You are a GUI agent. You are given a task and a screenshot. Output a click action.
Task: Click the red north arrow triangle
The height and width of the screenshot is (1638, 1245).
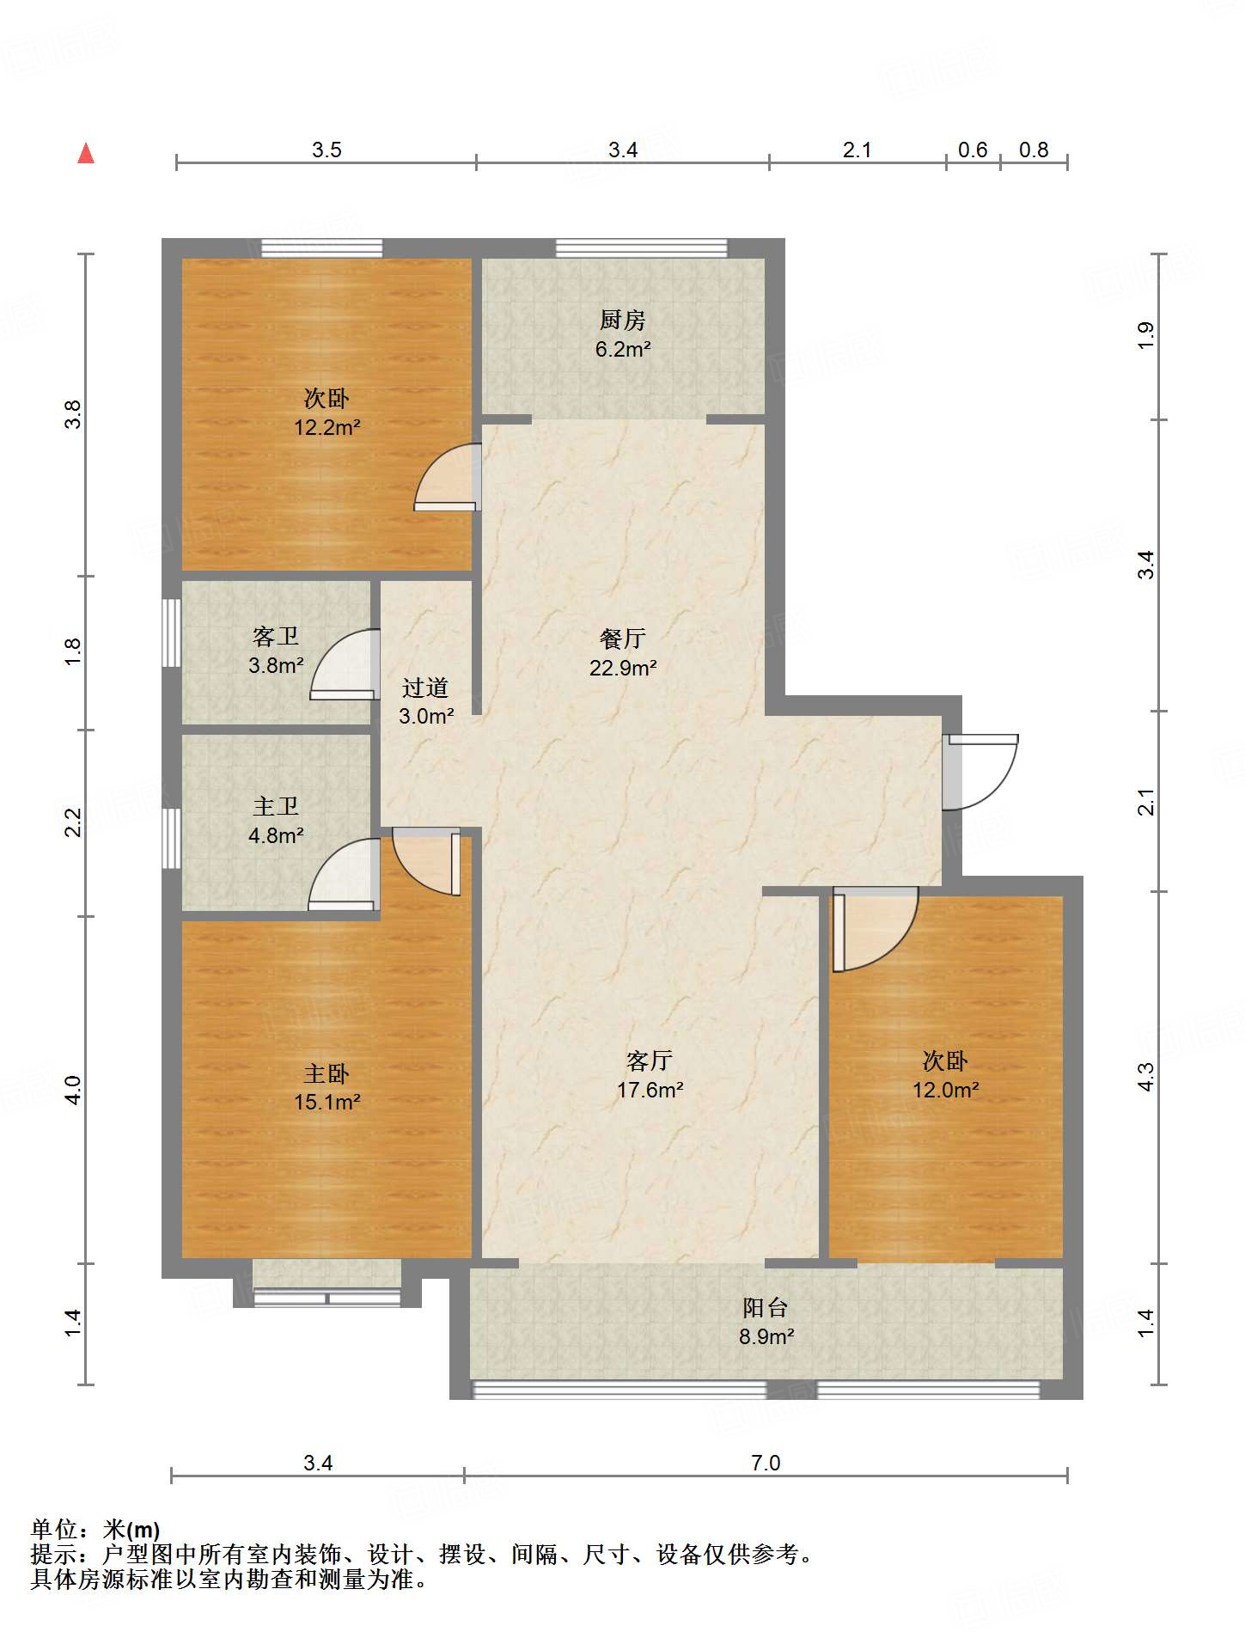coord(86,154)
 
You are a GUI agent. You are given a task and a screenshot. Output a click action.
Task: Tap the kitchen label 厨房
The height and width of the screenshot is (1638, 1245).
coord(622,320)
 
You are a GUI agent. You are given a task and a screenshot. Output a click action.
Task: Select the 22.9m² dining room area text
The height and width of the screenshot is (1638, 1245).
coord(622,668)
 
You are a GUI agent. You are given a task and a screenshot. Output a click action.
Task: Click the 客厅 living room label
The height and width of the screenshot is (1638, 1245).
coord(649,1060)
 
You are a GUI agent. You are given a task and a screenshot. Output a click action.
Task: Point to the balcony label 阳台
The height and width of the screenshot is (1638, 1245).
coord(765,1307)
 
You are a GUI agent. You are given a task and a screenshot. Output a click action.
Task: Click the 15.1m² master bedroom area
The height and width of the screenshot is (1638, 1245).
coord(327,1102)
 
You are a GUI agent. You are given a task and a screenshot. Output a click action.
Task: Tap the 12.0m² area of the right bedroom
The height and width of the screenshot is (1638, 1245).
coord(945,1090)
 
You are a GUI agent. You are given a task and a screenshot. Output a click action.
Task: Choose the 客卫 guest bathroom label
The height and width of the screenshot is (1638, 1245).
coord(276,636)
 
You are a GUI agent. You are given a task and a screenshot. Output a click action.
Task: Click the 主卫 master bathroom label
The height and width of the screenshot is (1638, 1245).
coord(276,806)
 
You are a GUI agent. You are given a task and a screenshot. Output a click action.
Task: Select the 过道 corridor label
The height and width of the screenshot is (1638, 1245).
coord(425,688)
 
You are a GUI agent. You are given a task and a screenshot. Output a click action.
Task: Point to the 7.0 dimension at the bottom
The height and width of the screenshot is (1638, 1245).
coord(765,1463)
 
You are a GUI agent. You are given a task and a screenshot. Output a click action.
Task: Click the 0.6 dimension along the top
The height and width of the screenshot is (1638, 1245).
coord(973,150)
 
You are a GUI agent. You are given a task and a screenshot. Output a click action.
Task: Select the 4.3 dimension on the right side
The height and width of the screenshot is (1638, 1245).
coord(1146,1077)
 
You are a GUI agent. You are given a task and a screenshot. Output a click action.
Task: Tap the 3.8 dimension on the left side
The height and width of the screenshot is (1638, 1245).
coord(74,414)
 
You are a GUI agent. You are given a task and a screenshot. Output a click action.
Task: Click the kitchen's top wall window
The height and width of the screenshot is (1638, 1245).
coord(641,248)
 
